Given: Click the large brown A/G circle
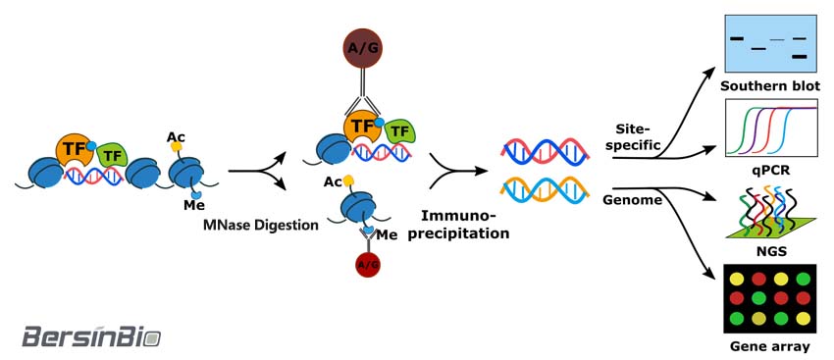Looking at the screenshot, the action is [x=362, y=48].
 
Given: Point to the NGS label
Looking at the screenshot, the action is [x=770, y=250].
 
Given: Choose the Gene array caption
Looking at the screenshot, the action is [x=770, y=346].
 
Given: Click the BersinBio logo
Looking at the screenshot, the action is [x=91, y=335].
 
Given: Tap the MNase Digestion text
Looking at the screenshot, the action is [x=261, y=225].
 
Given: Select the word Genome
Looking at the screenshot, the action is [x=633, y=200].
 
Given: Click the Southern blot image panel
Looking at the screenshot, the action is [x=770, y=43].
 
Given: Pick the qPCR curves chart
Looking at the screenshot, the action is [x=770, y=129].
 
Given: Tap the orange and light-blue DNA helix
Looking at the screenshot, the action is [x=546, y=191].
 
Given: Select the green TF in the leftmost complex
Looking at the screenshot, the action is [x=112, y=155].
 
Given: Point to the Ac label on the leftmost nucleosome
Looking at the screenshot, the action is [x=175, y=136].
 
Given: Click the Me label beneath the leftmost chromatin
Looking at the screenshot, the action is [x=193, y=205].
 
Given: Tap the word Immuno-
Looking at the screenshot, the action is [x=458, y=216].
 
